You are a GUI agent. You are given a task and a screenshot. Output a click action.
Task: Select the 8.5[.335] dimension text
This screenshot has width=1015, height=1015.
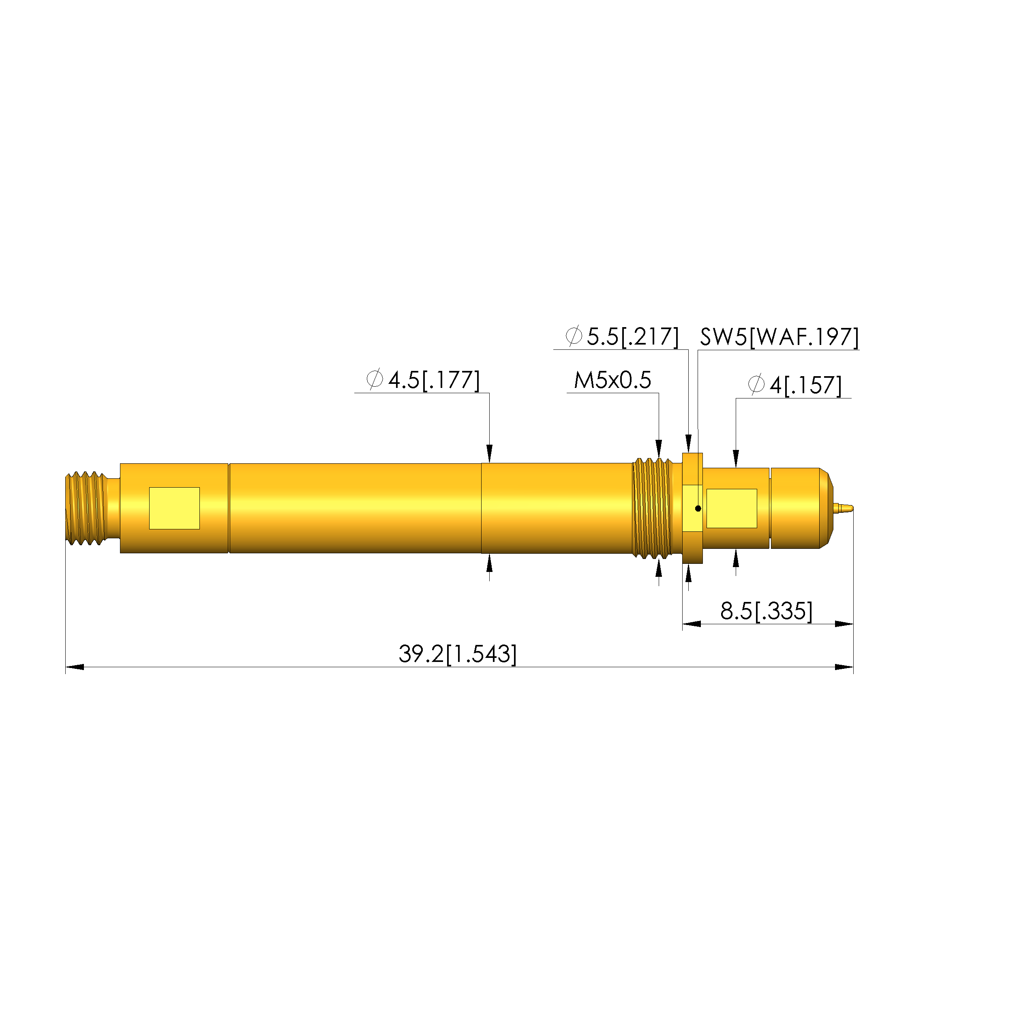coord(767,611)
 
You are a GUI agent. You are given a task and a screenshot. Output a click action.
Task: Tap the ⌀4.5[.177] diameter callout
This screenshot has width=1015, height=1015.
coord(423,380)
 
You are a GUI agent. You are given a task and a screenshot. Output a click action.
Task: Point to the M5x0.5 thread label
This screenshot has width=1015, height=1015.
coord(612,380)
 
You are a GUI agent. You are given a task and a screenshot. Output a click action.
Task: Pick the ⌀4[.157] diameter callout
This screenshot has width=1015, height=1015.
coord(795,385)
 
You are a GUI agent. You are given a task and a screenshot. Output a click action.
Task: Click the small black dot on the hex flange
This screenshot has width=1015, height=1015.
coord(698,508)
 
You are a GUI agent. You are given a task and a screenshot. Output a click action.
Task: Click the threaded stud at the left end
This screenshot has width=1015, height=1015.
coord(87,508)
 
